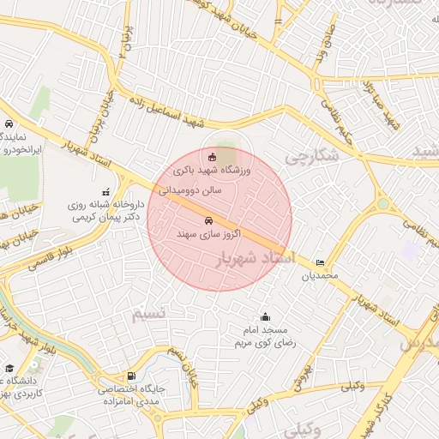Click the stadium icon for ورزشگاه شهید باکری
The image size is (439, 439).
(212, 156)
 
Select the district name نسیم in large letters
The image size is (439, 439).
(147, 314)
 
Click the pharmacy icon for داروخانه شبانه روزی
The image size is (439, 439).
(105, 192)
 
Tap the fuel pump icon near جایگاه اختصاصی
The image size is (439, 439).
(130, 376)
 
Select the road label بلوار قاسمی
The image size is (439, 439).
(25, 264)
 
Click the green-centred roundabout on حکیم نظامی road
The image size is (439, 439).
(382, 204)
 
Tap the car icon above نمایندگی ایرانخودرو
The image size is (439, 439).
(9, 124)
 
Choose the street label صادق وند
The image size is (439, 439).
(328, 42)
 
